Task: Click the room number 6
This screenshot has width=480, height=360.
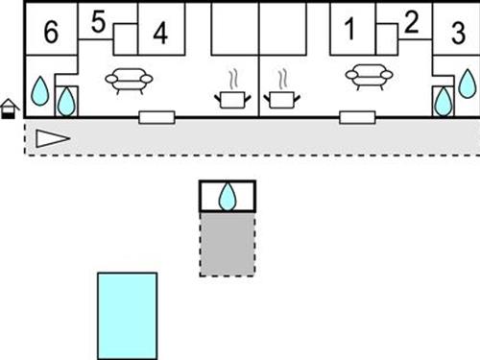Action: [x=51, y=32]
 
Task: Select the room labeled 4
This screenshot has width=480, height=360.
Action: [x=160, y=32]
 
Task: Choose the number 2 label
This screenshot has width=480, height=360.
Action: [x=412, y=21]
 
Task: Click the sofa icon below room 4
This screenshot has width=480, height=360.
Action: [x=128, y=81]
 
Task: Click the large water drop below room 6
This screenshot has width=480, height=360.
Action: [x=40, y=91]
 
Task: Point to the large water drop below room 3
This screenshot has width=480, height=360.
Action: [x=467, y=84]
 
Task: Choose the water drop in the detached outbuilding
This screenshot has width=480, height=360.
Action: [x=228, y=197]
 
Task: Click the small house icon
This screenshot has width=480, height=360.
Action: [x=10, y=108]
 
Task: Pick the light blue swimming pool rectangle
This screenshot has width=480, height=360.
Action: [x=127, y=313]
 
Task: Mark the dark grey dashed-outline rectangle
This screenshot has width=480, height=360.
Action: [x=228, y=244]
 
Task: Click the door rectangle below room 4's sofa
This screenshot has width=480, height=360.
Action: [x=156, y=117]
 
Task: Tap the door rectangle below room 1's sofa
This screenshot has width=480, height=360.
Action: [x=356, y=117]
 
